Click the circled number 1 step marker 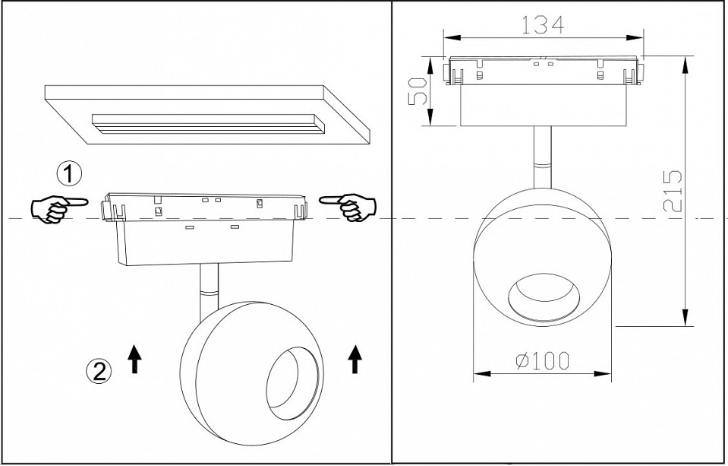coord(69,173)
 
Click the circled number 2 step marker coord(99,371)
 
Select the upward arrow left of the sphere coord(134,359)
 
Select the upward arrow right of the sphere coord(355,359)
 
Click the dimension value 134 coord(544,24)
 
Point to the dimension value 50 coord(418,91)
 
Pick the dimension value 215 coord(673,191)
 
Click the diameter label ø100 coord(543,361)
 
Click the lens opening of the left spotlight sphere coord(292,379)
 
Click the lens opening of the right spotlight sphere coord(544,298)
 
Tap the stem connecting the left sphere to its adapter coord(209,292)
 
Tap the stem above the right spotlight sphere coord(543,157)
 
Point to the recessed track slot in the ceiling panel coord(208,124)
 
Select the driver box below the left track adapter coord(205,242)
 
